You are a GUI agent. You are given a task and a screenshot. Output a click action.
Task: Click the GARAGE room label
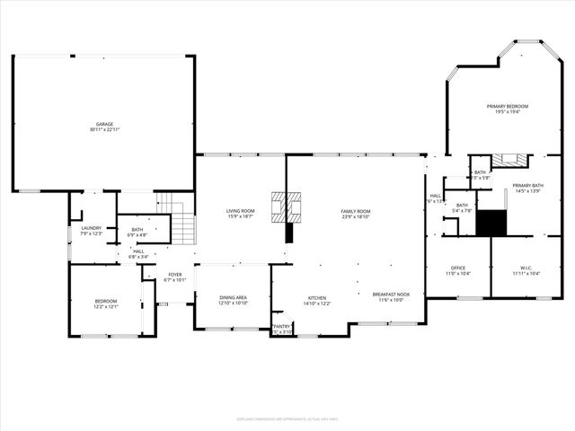pos(104,124)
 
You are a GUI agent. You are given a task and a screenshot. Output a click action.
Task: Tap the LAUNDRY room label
pos(91,228)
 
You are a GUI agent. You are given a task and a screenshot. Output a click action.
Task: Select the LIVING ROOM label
pos(241,211)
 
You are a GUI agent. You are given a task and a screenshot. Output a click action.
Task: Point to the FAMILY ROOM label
pos(355,211)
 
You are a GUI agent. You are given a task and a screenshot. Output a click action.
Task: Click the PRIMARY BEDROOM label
pos(508,106)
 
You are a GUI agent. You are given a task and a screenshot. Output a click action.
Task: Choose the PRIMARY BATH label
pos(526,186)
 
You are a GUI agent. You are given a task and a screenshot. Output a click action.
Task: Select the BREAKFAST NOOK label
pos(391,294)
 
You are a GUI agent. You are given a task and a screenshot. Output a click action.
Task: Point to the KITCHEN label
pos(317,298)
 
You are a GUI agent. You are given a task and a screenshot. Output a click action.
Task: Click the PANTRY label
pos(282,327)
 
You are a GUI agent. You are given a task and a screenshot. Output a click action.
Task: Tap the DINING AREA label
pos(234,298)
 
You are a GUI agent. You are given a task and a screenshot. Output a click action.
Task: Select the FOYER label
pos(174,275)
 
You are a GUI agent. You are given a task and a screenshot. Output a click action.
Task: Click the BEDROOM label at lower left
pos(106,301)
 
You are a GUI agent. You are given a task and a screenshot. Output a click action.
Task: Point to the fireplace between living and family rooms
pos(289,206)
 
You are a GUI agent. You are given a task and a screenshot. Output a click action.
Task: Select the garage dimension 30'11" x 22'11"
pos(104,130)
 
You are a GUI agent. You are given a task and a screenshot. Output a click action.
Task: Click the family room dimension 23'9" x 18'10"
pos(355,216)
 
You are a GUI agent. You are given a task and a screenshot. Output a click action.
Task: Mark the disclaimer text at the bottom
pos(287,418)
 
